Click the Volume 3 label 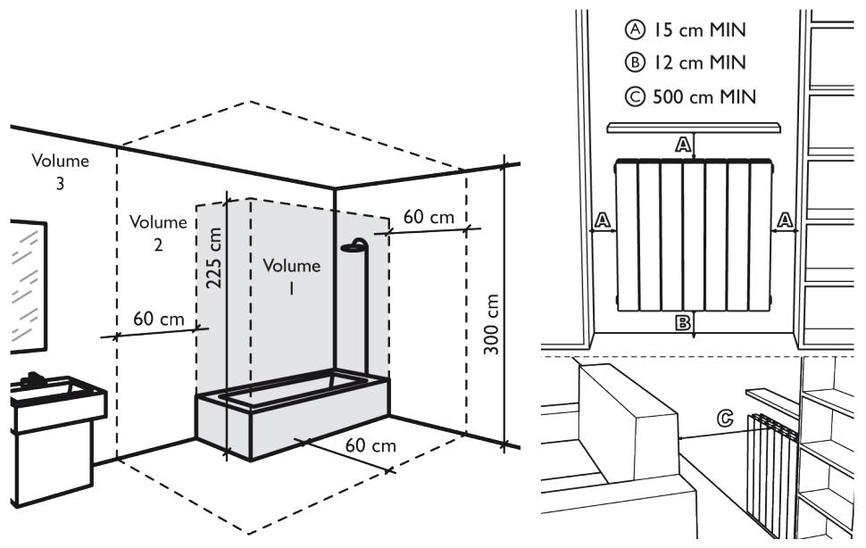[61, 171]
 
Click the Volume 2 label [158, 232]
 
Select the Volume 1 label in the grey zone [292, 276]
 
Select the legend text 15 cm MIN [684, 32]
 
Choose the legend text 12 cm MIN [684, 64]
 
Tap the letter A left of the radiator [603, 220]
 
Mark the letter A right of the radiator [785, 220]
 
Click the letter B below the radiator [683, 323]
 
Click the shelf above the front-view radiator [692, 129]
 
